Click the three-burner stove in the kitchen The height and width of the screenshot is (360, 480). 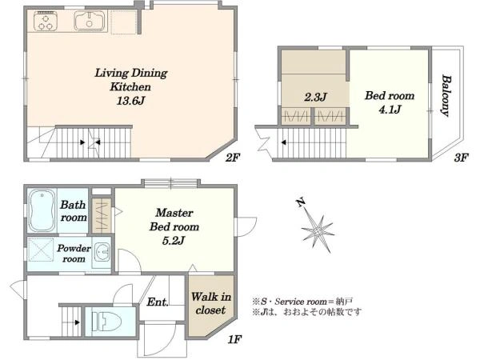[46, 21]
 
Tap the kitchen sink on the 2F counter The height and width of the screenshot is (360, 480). [90, 21]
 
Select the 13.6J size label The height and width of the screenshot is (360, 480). [130, 101]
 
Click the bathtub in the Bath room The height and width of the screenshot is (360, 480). [42, 211]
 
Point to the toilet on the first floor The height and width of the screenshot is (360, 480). [106, 321]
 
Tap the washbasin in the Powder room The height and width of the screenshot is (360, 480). [102, 252]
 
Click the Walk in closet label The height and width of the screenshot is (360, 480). [211, 303]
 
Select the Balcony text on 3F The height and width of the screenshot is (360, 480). [446, 96]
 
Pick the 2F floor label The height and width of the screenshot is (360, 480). [232, 158]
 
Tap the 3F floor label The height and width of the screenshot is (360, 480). [461, 158]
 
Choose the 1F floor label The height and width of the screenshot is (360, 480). [234, 339]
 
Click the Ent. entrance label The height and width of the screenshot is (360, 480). [158, 302]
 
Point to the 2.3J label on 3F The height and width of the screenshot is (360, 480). [316, 97]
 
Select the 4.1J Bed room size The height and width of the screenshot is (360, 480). [390, 110]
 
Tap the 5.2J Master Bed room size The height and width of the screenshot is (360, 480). [174, 241]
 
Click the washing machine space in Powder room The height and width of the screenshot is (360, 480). [41, 250]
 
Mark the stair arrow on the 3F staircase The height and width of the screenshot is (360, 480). [284, 142]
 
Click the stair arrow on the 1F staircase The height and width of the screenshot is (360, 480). [77, 322]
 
